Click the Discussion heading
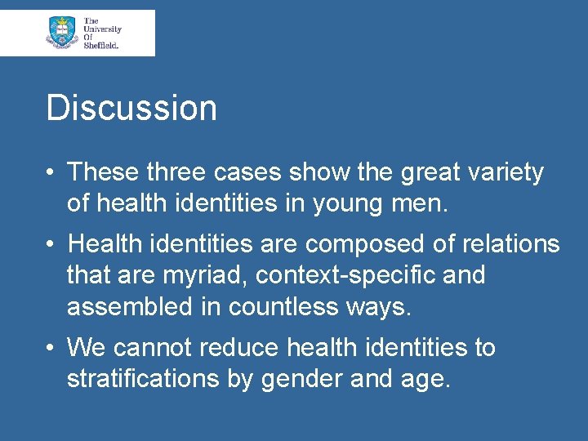[131, 108]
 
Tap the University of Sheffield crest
[61, 32]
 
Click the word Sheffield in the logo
[101, 46]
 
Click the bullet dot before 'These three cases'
[51, 173]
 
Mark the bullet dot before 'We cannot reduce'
[51, 348]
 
